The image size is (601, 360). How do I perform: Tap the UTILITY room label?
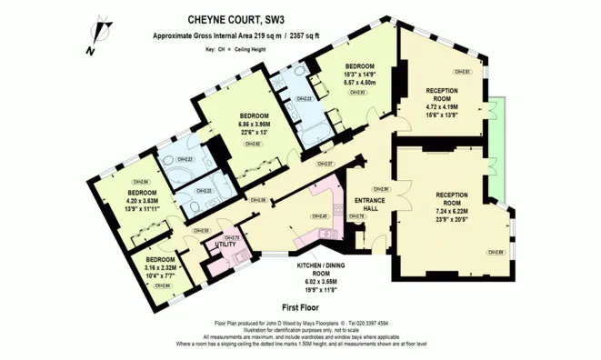[225, 245]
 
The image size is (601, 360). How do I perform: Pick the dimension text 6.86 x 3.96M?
[251, 125]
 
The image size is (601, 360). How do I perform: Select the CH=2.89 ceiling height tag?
[495, 252]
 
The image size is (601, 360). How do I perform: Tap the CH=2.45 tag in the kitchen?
[319, 216]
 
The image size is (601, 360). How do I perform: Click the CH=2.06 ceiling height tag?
[258, 200]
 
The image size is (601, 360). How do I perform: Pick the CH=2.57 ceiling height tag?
[324, 164]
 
